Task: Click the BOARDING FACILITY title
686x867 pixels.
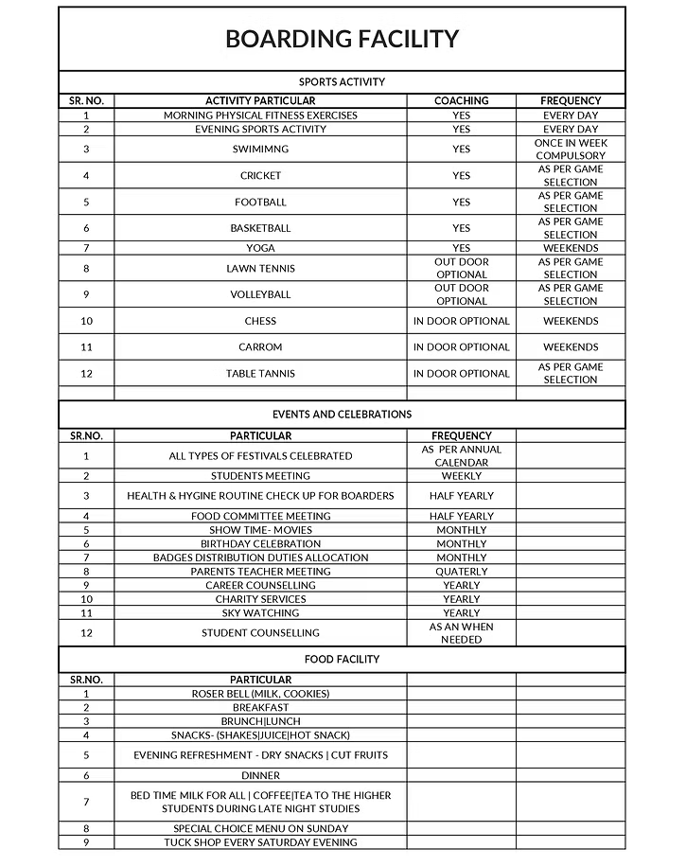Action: [x=342, y=39]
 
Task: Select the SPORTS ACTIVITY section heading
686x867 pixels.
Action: [x=342, y=82]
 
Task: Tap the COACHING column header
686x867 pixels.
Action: [x=461, y=100]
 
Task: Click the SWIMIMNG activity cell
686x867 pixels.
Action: [x=260, y=150]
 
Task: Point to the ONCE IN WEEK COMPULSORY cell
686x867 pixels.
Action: [x=571, y=150]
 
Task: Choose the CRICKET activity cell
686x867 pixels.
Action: [x=260, y=175]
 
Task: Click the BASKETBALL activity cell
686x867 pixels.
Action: [x=260, y=228]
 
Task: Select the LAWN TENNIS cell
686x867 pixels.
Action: [x=260, y=268]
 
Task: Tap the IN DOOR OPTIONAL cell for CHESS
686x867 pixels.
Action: [x=461, y=321]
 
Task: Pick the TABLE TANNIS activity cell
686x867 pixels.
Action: [x=260, y=373]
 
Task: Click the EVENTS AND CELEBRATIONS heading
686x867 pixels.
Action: [x=342, y=415]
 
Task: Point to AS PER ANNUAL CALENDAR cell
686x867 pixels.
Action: [x=461, y=456]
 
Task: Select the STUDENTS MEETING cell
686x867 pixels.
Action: [x=260, y=476]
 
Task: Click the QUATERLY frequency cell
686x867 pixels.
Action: [x=461, y=572]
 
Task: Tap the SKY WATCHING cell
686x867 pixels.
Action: [x=260, y=613]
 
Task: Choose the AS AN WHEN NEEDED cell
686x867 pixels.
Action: [x=461, y=633]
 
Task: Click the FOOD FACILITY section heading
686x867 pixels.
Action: [x=342, y=659]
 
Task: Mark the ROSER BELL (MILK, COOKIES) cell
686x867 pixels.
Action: [x=260, y=694]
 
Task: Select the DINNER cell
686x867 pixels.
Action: [x=260, y=775]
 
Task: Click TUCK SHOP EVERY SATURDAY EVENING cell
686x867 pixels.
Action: [x=260, y=842]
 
